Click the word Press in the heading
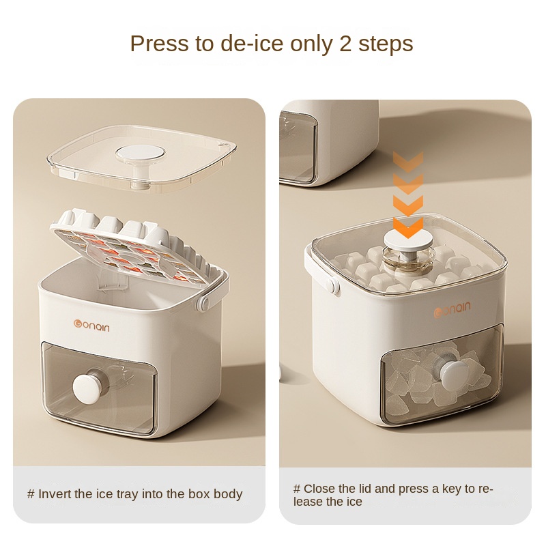[160, 44]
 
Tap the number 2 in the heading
[346, 44]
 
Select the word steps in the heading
[386, 44]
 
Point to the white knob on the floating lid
[141, 153]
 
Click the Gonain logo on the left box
[91, 326]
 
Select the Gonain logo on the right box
[452, 309]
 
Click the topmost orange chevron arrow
[408, 162]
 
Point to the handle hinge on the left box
[203, 302]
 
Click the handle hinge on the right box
[334, 286]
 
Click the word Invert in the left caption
[54, 493]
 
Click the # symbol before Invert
[31, 494]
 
